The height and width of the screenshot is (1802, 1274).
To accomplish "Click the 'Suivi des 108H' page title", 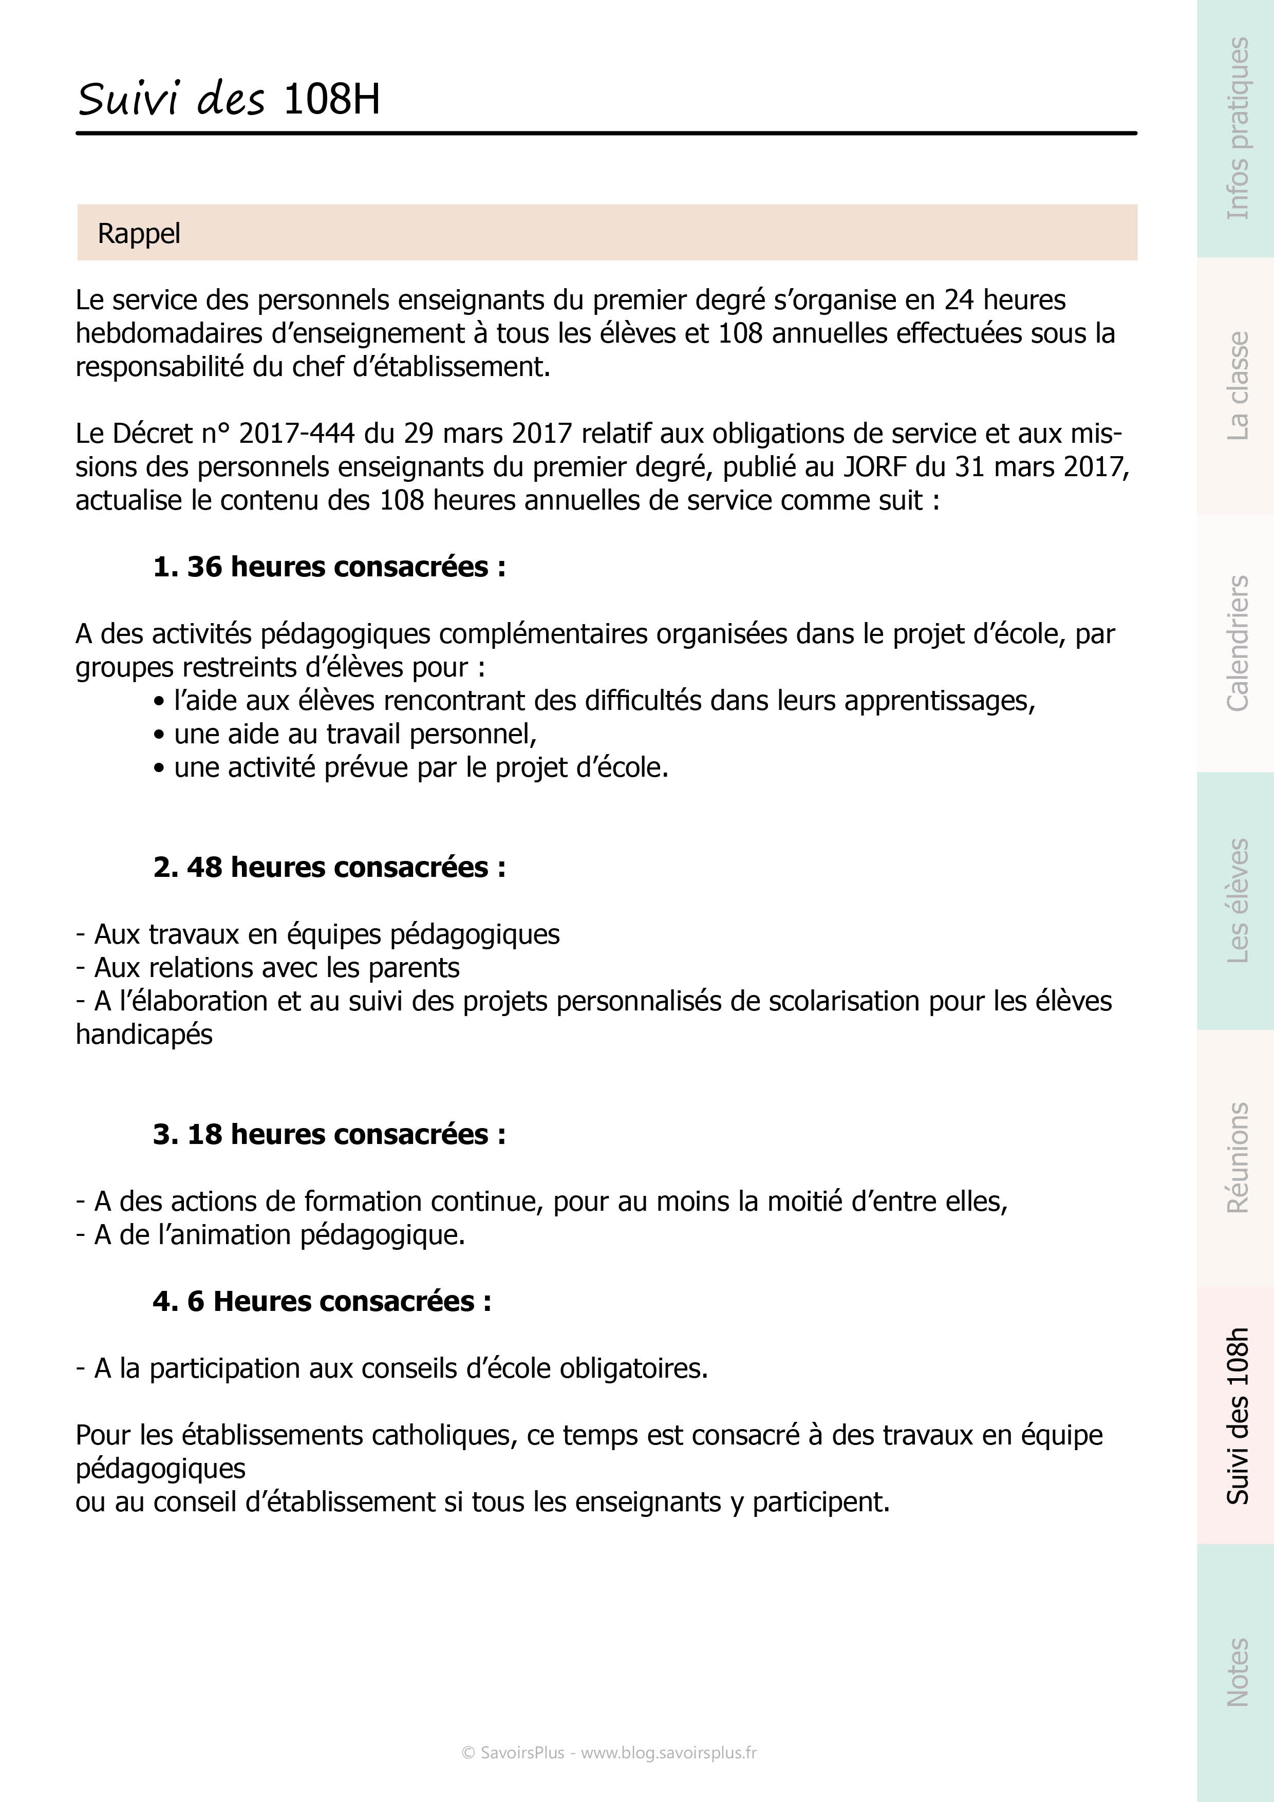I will click(229, 100).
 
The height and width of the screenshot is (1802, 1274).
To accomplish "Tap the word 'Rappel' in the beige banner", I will click(139, 233).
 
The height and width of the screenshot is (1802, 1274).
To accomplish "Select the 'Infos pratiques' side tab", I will click(1236, 129).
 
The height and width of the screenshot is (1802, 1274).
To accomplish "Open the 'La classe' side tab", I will click(1236, 385).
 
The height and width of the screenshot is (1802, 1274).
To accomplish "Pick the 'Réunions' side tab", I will click(1236, 1158).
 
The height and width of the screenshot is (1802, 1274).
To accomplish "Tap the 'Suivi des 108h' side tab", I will click(1236, 1415).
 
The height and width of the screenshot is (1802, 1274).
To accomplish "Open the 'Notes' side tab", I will click(1236, 1672).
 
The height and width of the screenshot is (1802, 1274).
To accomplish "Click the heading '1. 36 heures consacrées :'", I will click(329, 567).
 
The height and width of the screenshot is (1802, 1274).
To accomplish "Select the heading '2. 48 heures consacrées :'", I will click(329, 867).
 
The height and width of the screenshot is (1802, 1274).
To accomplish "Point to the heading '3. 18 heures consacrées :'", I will click(329, 1134).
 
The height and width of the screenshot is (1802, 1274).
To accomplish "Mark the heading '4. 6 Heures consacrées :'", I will click(322, 1301).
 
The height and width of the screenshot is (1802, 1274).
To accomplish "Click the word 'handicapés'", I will click(144, 1035).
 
